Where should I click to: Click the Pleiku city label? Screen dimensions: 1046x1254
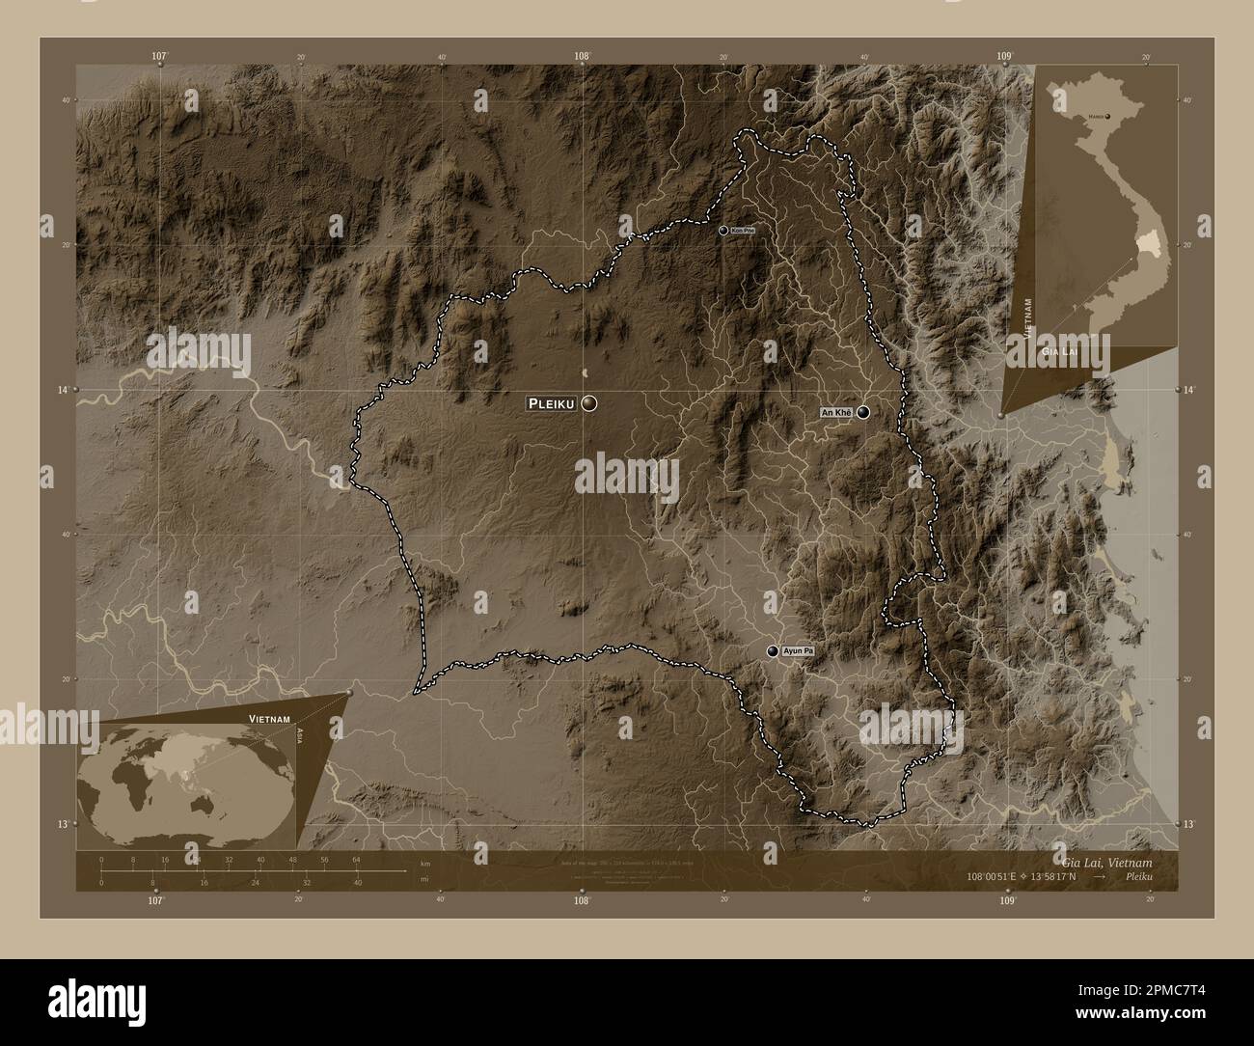click(552, 403)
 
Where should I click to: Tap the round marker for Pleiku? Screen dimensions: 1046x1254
click(588, 403)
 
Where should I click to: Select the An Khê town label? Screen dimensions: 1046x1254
click(835, 413)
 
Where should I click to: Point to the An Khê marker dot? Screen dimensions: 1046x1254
click(862, 413)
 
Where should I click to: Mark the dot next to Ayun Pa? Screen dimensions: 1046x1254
click(773, 652)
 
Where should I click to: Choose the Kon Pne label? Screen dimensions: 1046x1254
click(742, 231)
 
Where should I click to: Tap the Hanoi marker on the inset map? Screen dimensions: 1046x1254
click(1107, 117)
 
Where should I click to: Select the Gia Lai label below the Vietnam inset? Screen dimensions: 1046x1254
click(1058, 354)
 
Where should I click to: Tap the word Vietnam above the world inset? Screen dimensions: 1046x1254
click(269, 720)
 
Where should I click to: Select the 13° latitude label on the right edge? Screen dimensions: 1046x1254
click(1188, 824)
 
